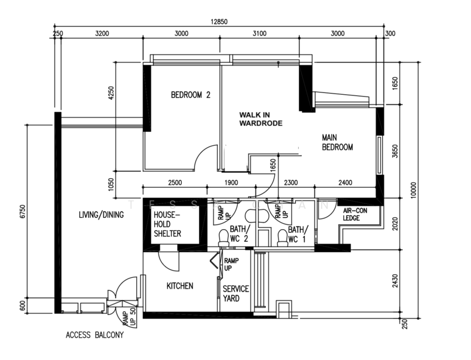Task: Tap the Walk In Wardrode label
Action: tap(260, 119)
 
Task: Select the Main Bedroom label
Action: tap(337, 142)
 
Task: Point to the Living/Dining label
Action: tap(101, 215)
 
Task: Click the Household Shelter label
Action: tap(167, 224)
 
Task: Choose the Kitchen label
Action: tap(179, 286)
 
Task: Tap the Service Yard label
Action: tap(236, 293)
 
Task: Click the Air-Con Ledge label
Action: tap(355, 215)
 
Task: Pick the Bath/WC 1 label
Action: tap(298, 235)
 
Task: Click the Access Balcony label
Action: tap(94, 335)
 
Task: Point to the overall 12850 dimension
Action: tap(220, 22)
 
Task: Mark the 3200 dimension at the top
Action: tap(102, 34)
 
